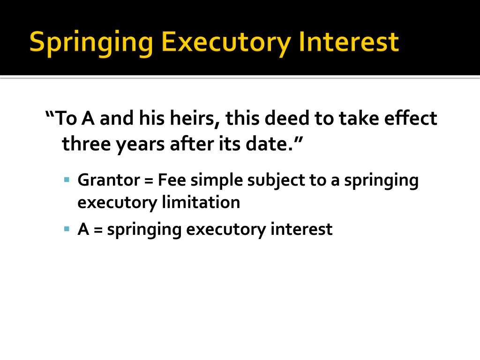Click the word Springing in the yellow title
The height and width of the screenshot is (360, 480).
click(91, 43)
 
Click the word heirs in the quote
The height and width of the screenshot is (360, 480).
click(191, 119)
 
